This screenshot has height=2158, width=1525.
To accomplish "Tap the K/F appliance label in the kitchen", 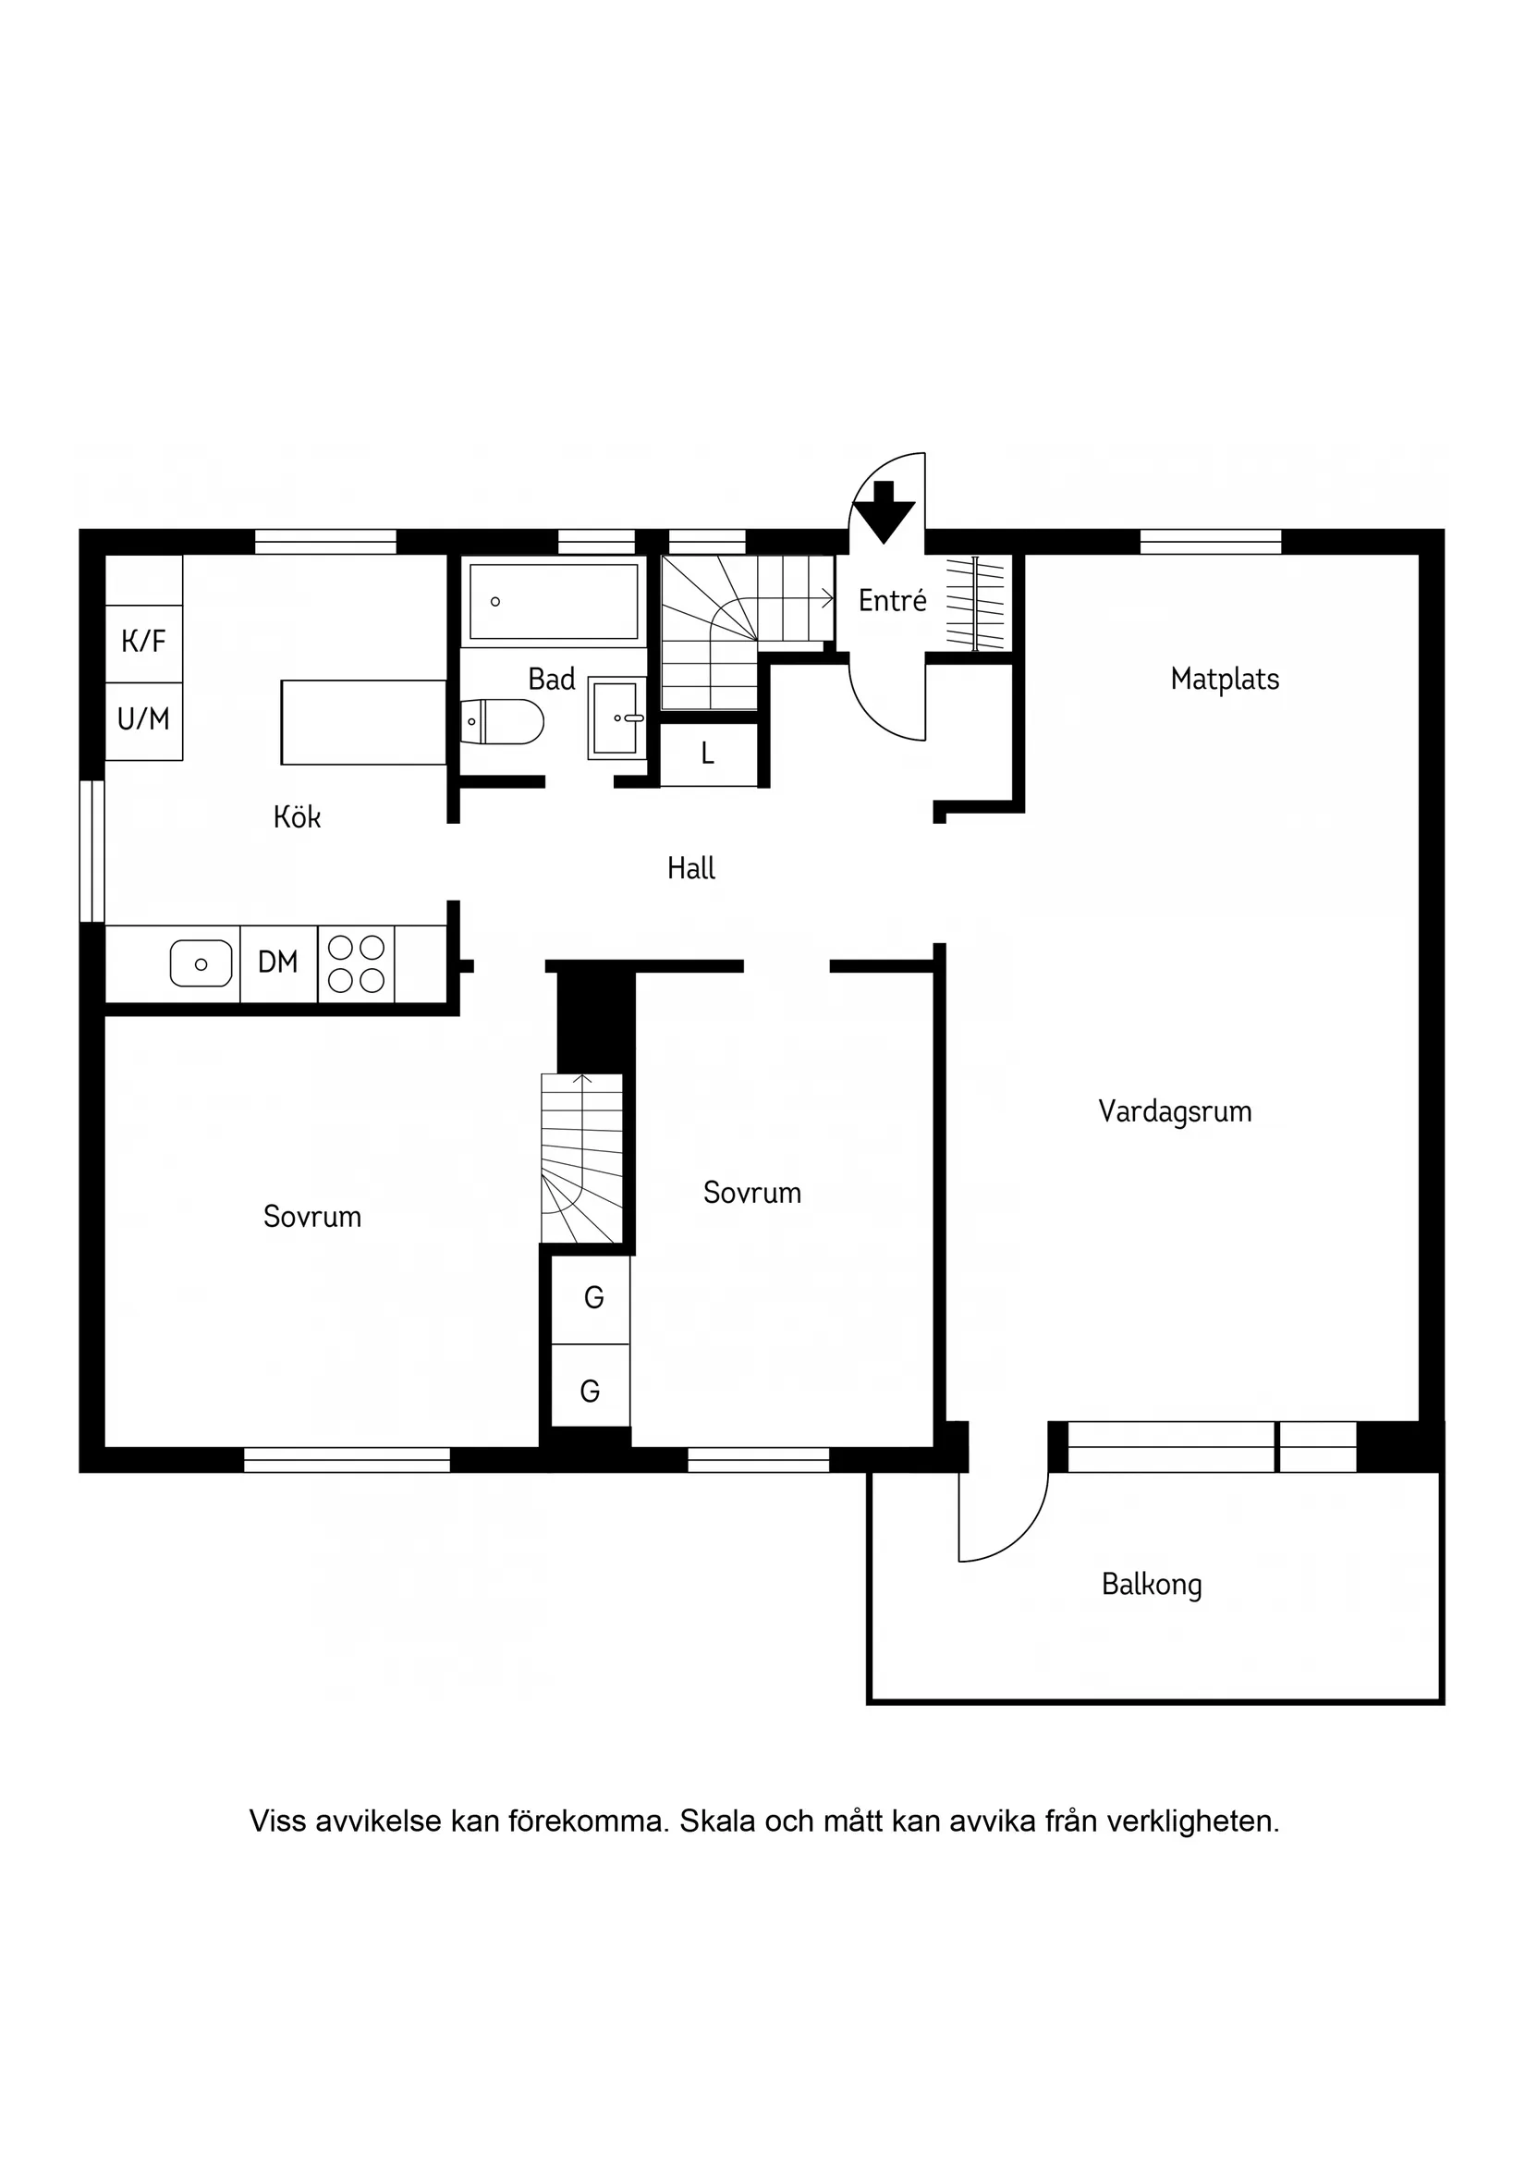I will [144, 642].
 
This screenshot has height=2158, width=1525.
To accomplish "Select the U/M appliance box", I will [144, 721].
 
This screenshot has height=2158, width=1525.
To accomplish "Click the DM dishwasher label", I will [278, 963].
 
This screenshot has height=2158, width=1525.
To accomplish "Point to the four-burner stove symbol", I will [356, 963].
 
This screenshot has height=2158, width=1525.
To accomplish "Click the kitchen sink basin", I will [201, 963].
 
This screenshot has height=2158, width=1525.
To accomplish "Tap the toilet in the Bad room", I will [503, 722].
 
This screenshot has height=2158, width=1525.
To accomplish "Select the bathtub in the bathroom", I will [554, 602].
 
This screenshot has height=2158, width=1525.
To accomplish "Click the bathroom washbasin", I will [617, 718].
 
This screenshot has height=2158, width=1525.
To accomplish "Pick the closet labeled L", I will [709, 754].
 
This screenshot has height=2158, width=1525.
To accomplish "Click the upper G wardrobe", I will [592, 1298].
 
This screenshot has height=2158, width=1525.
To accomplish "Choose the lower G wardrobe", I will [590, 1391].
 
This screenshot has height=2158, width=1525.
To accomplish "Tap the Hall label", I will [690, 868].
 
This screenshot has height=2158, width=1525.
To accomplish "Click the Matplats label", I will [1225, 680].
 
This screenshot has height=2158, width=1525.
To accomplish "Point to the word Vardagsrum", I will [1175, 1112].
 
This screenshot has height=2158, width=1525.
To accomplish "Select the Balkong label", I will [1151, 1586].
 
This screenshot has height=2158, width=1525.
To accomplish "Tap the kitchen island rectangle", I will [363, 722].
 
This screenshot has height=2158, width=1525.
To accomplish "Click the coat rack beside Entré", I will [975, 604].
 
